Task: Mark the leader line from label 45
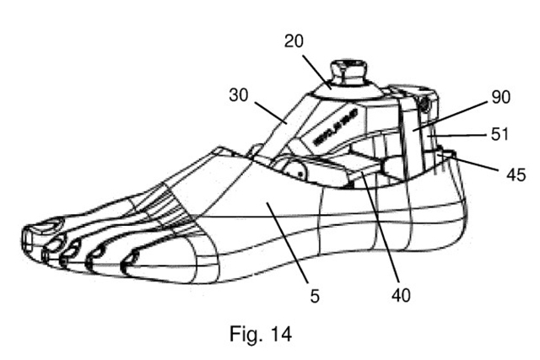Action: point(477,161)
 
